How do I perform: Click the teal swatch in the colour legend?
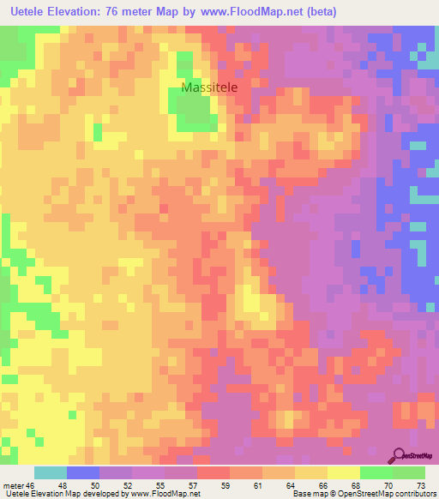51,472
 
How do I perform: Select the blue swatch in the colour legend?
83,472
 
